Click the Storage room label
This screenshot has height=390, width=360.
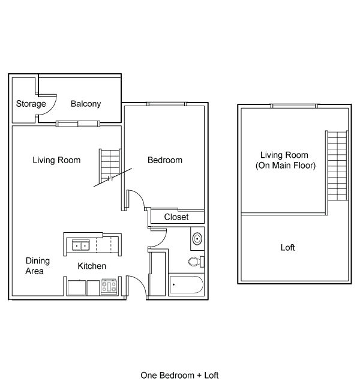tap(31, 104)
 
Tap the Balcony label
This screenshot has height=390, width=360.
tap(86, 104)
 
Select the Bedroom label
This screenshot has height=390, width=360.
tap(165, 160)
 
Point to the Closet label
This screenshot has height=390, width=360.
tap(176, 217)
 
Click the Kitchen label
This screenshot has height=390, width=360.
tap(92, 266)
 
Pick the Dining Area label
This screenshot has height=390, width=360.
tap(38, 266)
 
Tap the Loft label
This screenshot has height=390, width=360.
tap(288, 247)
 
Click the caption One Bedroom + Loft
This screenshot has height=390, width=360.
tap(179, 376)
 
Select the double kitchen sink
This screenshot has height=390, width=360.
tap(81, 245)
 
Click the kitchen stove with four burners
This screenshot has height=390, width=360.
tap(109, 287)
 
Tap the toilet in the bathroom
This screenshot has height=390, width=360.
tap(196, 262)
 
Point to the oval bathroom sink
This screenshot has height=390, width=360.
tap(197, 239)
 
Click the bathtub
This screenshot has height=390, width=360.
tap(187, 284)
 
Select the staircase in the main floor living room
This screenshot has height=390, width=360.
tap(110, 165)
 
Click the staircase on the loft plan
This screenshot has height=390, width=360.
tap(337, 166)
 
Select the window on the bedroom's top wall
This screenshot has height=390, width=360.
tap(166, 104)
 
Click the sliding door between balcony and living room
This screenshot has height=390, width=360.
tap(78, 124)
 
